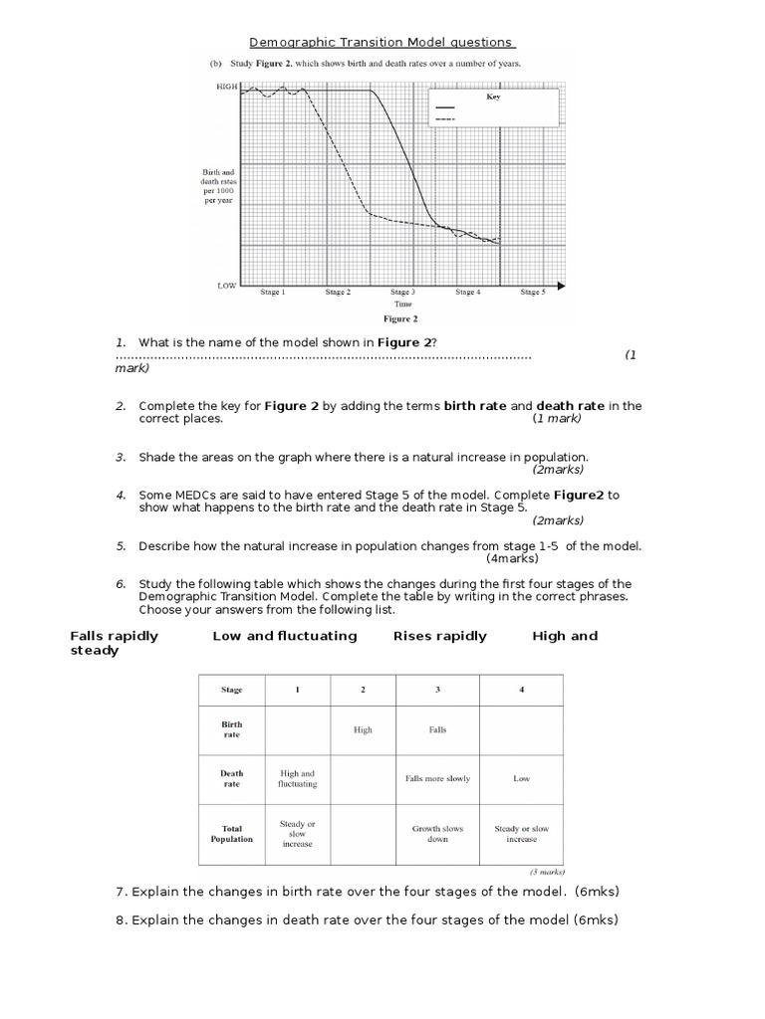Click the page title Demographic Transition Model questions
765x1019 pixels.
coord(382,43)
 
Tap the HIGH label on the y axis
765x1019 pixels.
coord(227,88)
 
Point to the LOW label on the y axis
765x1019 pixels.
coord(227,285)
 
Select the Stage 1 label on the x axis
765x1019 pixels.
coord(272,293)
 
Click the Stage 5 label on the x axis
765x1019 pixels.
coord(531,293)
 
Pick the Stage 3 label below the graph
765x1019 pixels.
coord(401,293)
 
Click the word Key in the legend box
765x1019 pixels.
coord(494,98)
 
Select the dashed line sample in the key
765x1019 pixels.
coord(444,118)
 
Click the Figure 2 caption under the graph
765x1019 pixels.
coord(401,319)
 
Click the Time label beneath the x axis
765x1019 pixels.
coord(401,305)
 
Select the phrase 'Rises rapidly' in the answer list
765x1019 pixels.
coord(440,636)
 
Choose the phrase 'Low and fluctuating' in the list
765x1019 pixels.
coord(284,636)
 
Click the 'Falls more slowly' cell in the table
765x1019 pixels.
coord(437,778)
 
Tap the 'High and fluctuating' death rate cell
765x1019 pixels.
coord(297,778)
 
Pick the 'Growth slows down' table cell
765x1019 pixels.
coord(437,833)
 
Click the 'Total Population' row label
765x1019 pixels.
coord(231,833)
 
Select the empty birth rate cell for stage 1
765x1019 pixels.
coord(297,729)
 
